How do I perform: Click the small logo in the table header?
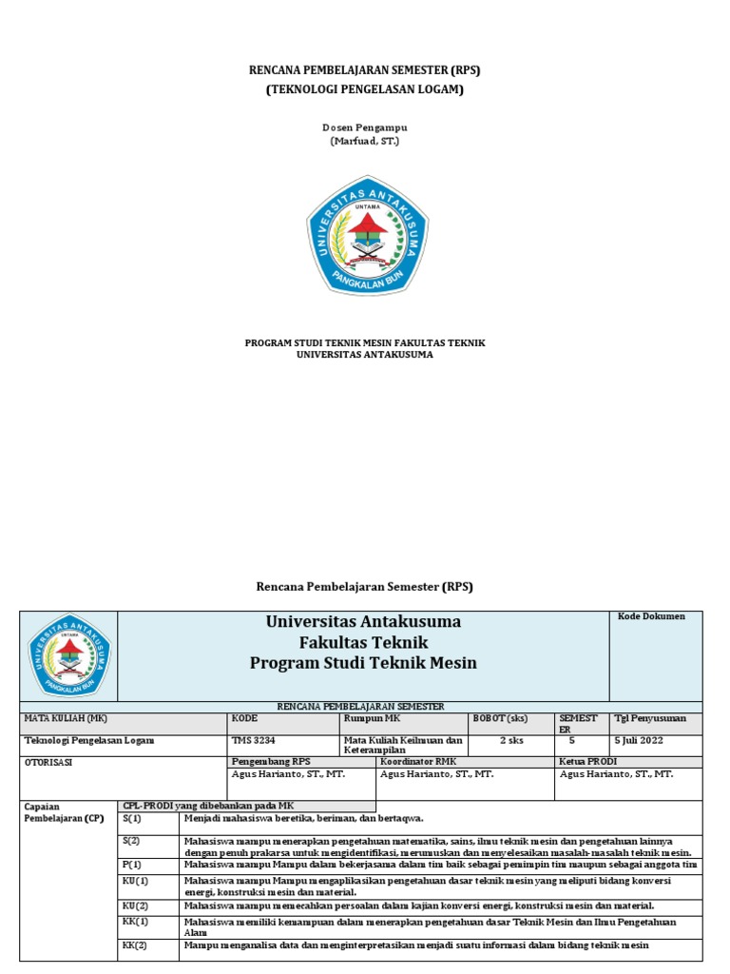pos(68,654)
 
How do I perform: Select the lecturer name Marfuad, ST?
pos(365,141)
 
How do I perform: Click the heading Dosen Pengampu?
pos(365,127)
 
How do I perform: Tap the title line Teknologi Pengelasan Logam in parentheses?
pos(365,89)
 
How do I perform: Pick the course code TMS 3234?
pos(254,740)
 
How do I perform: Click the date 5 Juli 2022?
pos(639,740)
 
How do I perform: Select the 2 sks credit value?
pos(511,740)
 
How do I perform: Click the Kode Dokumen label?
pos(651,616)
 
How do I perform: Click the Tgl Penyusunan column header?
pos(650,718)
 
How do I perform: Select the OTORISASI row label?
pos(48,762)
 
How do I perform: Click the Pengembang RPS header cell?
pos(271,762)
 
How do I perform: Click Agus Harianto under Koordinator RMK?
pos(436,774)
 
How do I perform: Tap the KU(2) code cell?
pos(136,906)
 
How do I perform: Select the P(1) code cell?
pos(131,865)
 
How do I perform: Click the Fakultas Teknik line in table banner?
pos(363,642)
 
